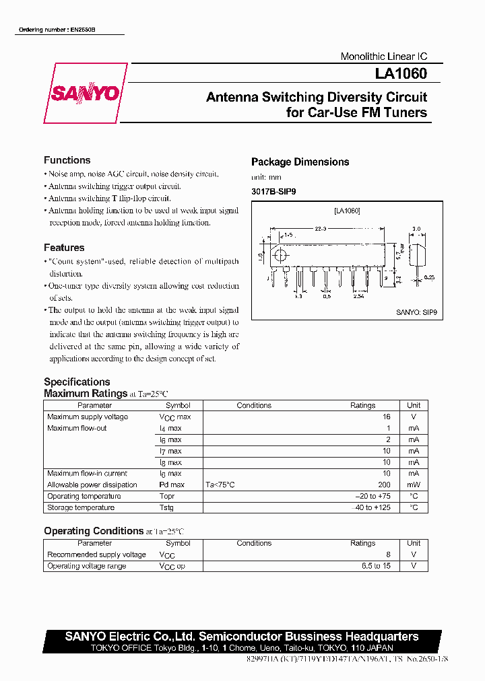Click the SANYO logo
coord(85,94)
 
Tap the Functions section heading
coord(67,160)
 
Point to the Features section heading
coord(64,248)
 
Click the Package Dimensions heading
coord(300,162)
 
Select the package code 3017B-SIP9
coord(273,192)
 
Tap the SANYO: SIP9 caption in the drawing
coord(416,312)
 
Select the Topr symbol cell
coord(167,496)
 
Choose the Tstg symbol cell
coord(166,507)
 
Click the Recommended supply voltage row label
coord(96,554)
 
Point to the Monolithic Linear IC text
coord(384,57)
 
